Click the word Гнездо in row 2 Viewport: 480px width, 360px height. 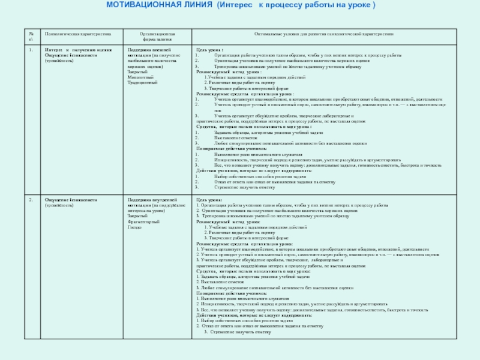[x=134, y=228]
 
